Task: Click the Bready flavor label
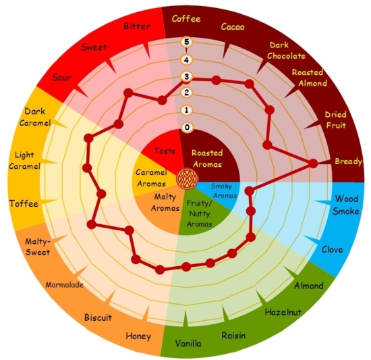pyautogui.click(x=348, y=161)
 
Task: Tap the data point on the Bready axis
pyautogui.click(x=313, y=163)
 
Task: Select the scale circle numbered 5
pyautogui.click(x=187, y=42)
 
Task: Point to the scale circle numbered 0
pyautogui.click(x=187, y=127)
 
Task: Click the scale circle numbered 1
pyautogui.click(x=187, y=110)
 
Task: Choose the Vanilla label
pyautogui.click(x=188, y=343)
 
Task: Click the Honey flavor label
pyautogui.click(x=138, y=336)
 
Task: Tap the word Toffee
pyautogui.click(x=24, y=203)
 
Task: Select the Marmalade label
pyautogui.click(x=65, y=284)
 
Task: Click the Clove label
pyautogui.click(x=332, y=249)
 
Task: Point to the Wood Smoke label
pyautogui.click(x=346, y=205)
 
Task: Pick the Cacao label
pyautogui.click(x=233, y=27)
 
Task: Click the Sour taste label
pyautogui.click(x=62, y=77)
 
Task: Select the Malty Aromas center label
pyautogui.click(x=165, y=203)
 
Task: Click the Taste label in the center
pyautogui.click(x=165, y=151)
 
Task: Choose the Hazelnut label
pyautogui.click(x=283, y=312)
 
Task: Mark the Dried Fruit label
pyautogui.click(x=335, y=120)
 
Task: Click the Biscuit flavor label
pyautogui.click(x=98, y=317)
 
